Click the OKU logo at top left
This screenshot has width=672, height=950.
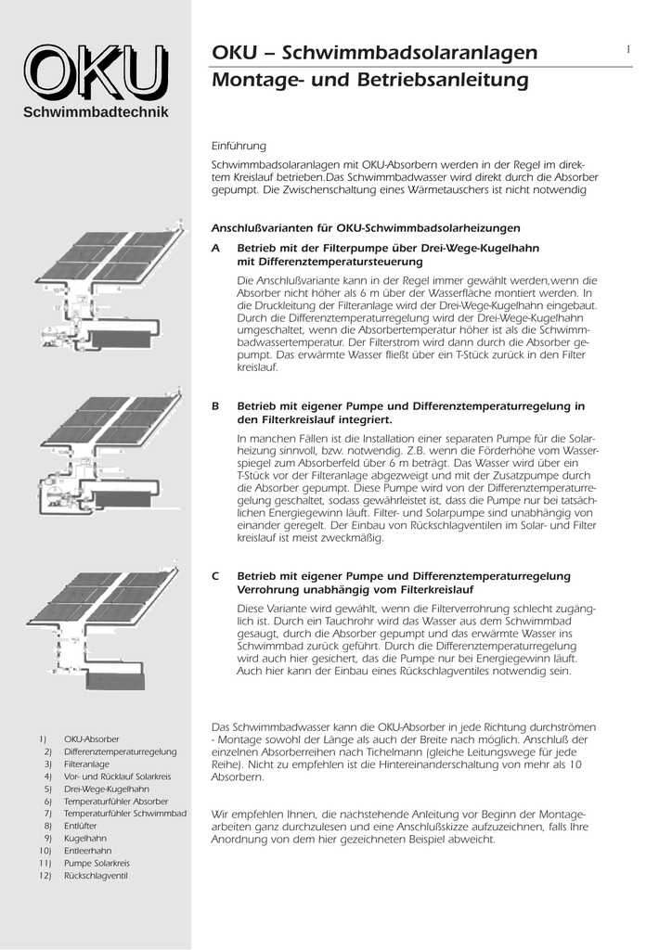tap(96, 72)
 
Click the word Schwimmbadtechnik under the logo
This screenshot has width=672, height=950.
tap(96, 113)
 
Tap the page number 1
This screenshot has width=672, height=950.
tap(628, 49)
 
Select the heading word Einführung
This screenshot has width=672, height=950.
tap(239, 147)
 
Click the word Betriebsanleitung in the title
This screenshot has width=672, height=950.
tap(443, 81)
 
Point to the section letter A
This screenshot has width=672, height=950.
tap(216, 249)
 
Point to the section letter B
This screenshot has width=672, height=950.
tap(216, 406)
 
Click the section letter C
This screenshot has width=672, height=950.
tap(216, 576)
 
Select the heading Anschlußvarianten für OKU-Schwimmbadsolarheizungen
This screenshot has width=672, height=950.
tap(366, 227)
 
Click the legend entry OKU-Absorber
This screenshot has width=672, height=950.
tap(91, 738)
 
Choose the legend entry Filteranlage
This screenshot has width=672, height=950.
tap(86, 764)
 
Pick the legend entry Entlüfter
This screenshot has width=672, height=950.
tap(81, 826)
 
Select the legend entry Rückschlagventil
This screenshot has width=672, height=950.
tap(96, 876)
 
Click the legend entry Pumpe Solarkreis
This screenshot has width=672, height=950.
tap(97, 863)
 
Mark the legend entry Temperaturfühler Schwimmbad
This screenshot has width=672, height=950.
tap(124, 814)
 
